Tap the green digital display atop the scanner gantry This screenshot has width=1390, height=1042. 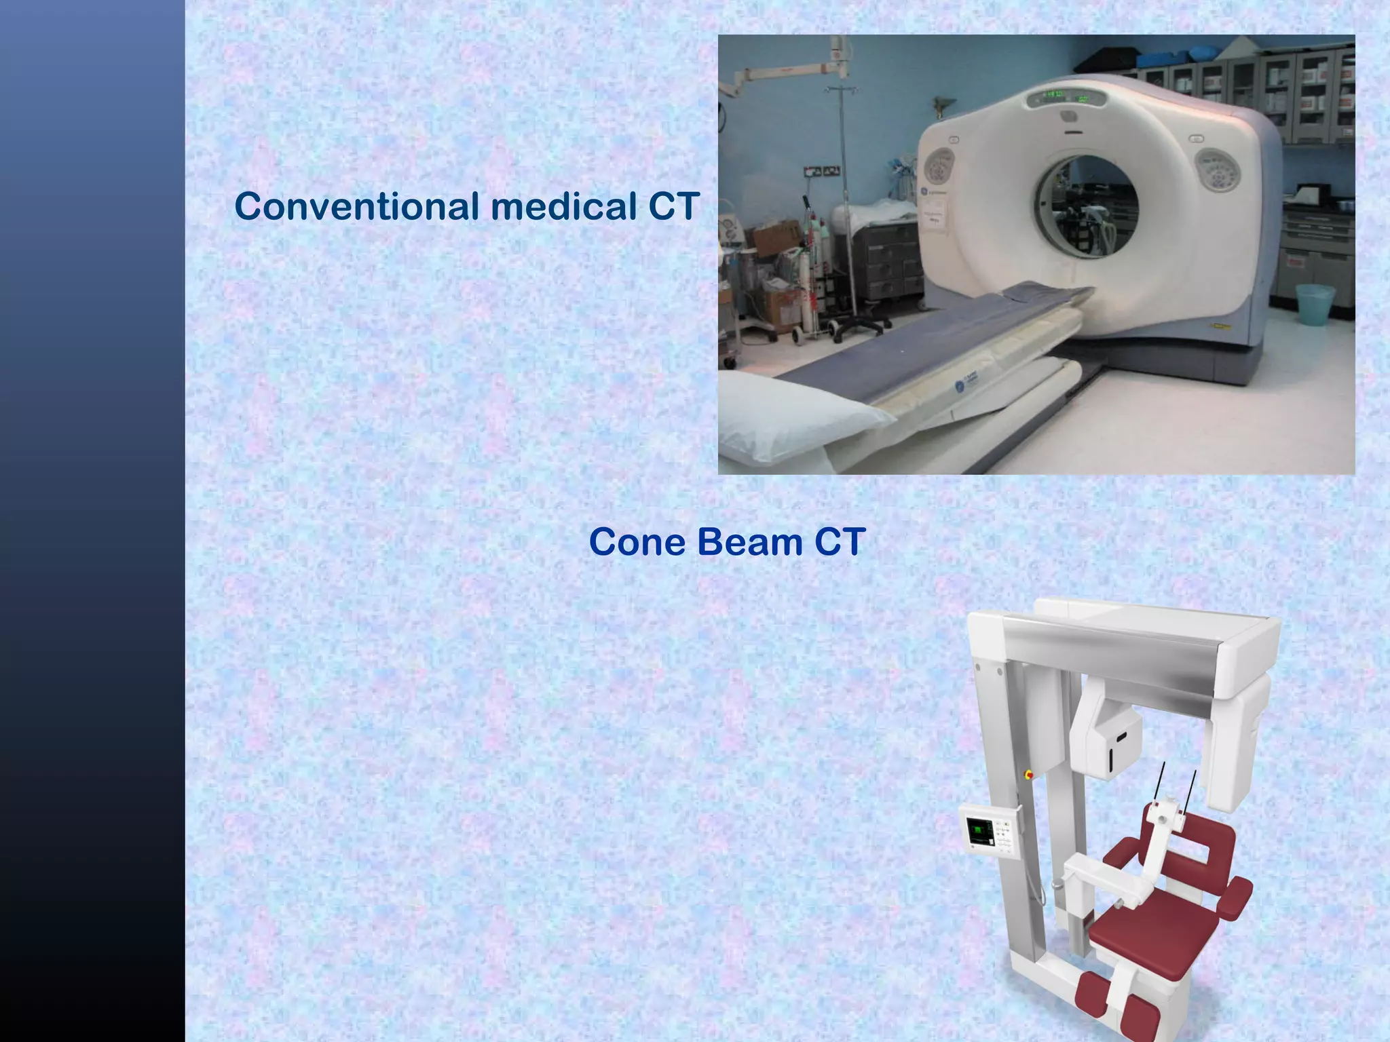tap(1066, 96)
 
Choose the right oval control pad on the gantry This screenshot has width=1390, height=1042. tap(1218, 170)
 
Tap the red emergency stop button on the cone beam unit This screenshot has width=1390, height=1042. tap(1028, 773)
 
